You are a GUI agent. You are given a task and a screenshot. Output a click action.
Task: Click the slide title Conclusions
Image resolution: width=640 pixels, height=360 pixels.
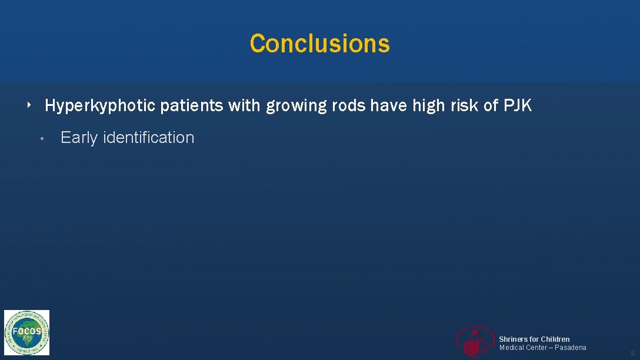pos(319,44)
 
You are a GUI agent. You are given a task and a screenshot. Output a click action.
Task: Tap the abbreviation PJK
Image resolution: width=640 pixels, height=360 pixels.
pos(518,106)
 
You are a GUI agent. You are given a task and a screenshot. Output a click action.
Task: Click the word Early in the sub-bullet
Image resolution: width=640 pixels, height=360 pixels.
pos(79,138)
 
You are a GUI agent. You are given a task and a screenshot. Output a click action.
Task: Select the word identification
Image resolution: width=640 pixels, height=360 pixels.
pos(148,138)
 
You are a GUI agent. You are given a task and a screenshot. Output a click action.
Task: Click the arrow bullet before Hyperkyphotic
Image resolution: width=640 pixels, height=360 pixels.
pos(29,105)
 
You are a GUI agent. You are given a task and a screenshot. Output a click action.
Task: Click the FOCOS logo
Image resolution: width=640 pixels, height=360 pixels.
pos(27,332)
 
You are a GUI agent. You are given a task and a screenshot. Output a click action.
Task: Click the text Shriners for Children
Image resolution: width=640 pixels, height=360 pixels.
pos(534,339)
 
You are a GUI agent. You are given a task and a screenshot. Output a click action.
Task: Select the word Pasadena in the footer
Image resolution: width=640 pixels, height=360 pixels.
pos(570,348)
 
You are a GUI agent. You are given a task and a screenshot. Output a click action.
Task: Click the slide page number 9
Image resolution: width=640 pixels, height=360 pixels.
pos(632,353)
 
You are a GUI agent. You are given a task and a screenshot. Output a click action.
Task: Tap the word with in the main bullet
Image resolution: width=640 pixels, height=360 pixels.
pos(245,106)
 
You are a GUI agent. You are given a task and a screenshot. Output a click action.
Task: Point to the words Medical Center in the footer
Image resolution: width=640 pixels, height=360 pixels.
pos(522,348)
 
